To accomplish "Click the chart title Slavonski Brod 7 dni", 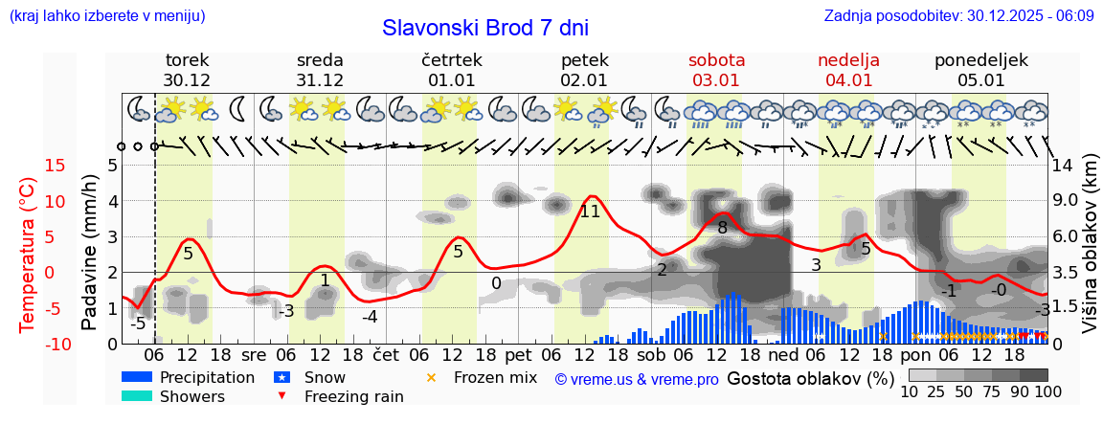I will coord(484,27).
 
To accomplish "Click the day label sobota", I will coord(716,60).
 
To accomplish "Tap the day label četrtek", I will coord(451,60).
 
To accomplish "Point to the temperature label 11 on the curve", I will coord(590,212).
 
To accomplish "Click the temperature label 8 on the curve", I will coord(723,228).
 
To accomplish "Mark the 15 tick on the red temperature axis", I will coord(29,166).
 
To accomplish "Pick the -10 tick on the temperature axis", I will coord(25,344).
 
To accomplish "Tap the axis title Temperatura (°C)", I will coord(29,254).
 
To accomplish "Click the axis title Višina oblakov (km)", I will coord(1091,254).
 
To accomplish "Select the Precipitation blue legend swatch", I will coord(137,377).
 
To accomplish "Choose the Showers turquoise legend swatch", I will coord(137,396).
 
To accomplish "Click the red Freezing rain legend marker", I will coord(281,396).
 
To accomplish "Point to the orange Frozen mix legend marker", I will coord(431,377).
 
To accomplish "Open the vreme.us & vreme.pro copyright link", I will coord(637,379).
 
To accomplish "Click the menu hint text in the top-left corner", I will coord(106,15).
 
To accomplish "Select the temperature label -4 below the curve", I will coord(370,317).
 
